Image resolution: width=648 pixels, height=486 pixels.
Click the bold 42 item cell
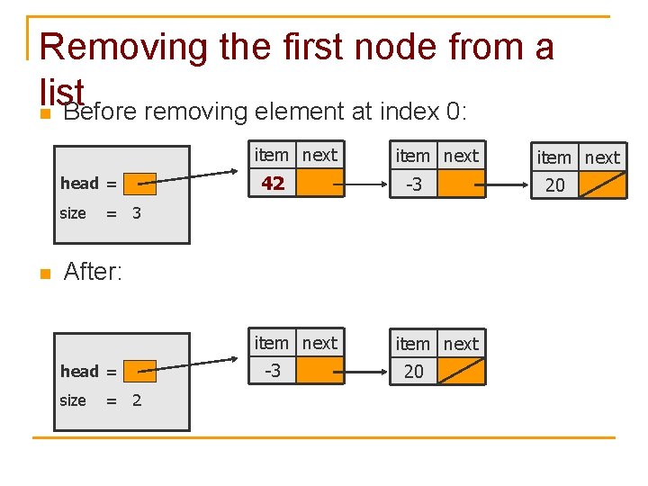274,184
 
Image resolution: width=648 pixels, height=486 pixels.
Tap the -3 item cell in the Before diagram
414,184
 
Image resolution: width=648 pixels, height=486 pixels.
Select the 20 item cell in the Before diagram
555,185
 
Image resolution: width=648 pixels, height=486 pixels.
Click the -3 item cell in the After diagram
273,371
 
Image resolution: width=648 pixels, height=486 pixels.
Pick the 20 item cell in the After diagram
414,372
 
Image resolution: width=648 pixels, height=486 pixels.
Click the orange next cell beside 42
320,184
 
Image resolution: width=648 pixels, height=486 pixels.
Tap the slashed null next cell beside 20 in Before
602,185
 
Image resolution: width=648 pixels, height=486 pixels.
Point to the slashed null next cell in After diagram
461,372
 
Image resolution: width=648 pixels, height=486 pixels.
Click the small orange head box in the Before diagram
140,184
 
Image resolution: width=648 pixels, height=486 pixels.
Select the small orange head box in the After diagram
140,371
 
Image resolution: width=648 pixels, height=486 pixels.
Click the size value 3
137,213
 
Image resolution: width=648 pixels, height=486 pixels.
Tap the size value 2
137,400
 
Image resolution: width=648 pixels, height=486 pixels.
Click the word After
93,271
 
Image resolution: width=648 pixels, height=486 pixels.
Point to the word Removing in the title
127,47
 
